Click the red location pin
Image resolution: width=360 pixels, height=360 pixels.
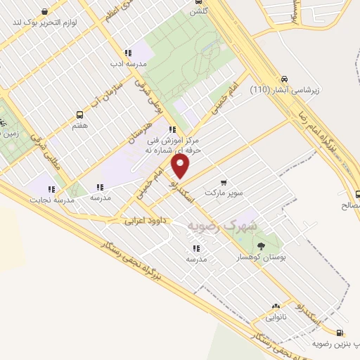coord(181,166)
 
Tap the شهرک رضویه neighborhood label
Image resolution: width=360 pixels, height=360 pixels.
coord(224,224)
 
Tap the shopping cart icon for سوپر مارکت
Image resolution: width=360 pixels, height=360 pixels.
coord(224,181)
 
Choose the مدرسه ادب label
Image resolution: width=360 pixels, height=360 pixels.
coord(127,63)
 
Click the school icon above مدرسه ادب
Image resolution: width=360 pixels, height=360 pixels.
coord(127,53)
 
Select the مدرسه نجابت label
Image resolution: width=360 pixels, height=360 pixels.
coord(51,200)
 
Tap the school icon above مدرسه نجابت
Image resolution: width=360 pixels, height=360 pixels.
coord(51,188)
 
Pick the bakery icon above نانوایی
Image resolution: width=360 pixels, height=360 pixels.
coord(276,307)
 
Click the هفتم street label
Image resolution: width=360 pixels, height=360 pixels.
coord(79,124)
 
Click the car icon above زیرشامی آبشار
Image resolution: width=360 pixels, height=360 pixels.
coord(285,79)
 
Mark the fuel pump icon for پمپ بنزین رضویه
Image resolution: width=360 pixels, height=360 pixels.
coord(341,333)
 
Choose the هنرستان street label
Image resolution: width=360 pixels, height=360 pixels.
coord(143,131)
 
